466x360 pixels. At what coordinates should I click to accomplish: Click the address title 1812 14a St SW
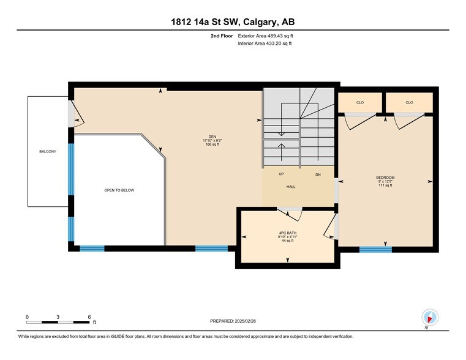point(232,23)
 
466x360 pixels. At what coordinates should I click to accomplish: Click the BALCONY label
point(48,151)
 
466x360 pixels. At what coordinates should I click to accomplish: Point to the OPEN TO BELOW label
point(119,190)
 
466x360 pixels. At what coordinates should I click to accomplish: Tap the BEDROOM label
point(386,178)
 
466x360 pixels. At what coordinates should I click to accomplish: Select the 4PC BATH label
point(287,233)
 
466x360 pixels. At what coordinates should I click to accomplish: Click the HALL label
point(291,186)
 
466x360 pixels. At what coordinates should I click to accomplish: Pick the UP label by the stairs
point(281,174)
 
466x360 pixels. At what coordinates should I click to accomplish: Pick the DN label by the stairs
point(318,174)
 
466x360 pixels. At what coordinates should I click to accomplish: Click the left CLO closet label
point(359,102)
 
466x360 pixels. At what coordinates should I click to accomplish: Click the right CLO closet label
point(408,102)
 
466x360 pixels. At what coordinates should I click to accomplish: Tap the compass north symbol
point(430,318)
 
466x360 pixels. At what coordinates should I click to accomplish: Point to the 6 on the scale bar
point(89,317)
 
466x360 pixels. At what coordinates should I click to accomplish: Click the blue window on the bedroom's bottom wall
point(375,249)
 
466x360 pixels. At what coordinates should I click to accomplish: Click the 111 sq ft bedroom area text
point(386,186)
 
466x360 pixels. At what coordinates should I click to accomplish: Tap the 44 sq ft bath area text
point(287,241)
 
